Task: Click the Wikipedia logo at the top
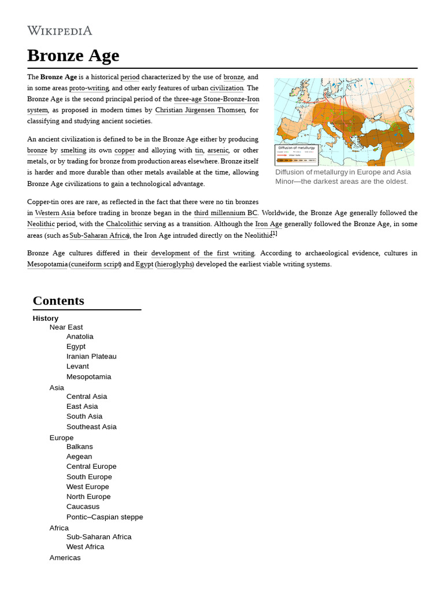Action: [60, 31]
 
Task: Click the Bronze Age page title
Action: [73, 55]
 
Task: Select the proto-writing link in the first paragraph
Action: [89, 88]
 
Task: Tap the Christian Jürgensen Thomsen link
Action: [200, 110]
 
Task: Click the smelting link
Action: [73, 150]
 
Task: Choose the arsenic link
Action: [218, 150]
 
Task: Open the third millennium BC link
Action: [225, 213]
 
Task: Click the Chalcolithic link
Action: [125, 224]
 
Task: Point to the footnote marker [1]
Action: [274, 234]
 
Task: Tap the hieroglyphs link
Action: [174, 264]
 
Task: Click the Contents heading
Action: [58, 301]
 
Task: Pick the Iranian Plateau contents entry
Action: [91, 356]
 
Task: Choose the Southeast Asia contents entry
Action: [91, 427]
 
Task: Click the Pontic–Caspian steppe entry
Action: [105, 517]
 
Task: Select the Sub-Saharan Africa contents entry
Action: [99, 536]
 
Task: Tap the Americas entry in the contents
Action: [65, 557]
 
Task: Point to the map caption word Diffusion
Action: [294, 172]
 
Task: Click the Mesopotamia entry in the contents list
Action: [88, 376]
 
